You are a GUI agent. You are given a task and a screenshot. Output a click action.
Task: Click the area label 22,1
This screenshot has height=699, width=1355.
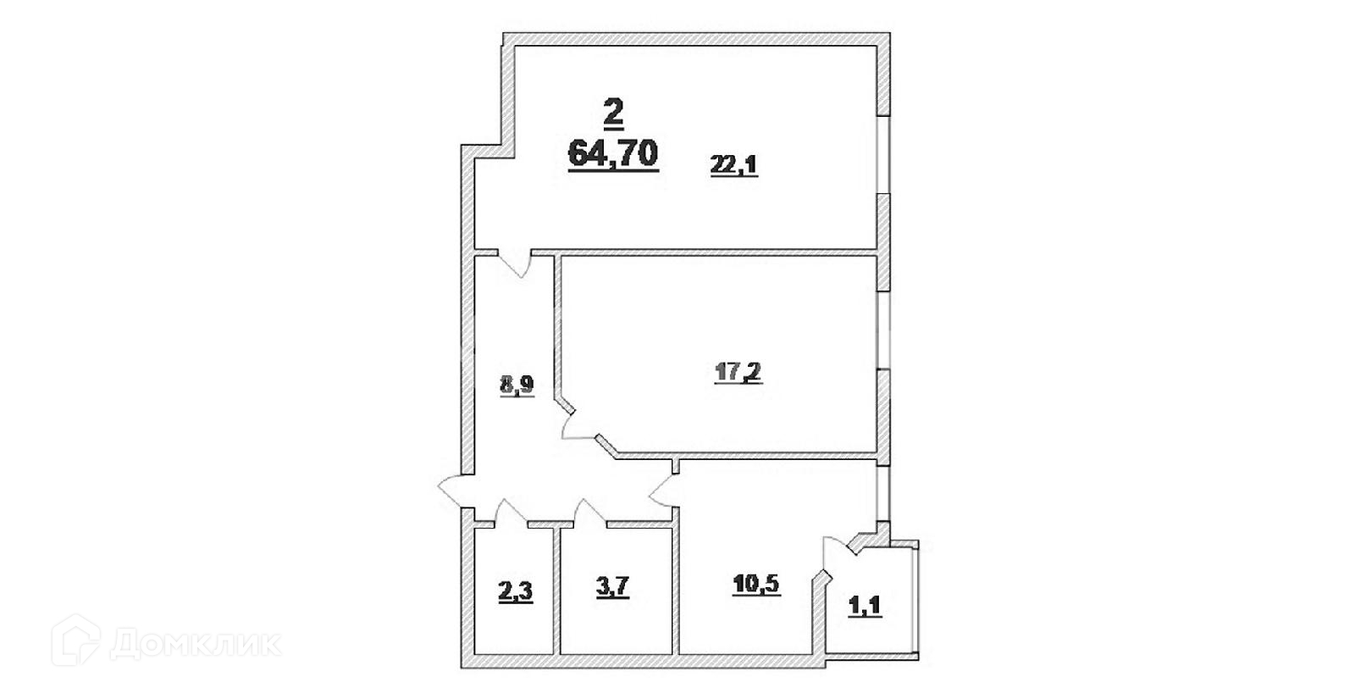pos(733,166)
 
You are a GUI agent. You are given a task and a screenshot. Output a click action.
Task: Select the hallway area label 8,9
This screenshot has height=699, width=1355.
pos(516,388)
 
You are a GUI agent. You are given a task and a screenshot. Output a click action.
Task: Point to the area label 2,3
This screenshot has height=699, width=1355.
pos(515,587)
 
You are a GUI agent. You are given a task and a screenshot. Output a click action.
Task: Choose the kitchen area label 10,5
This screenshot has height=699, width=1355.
pos(755,585)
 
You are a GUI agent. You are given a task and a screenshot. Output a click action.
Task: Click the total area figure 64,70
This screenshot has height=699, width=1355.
pos(613,153)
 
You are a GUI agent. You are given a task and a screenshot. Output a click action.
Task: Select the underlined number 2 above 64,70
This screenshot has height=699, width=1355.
pos(613,111)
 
